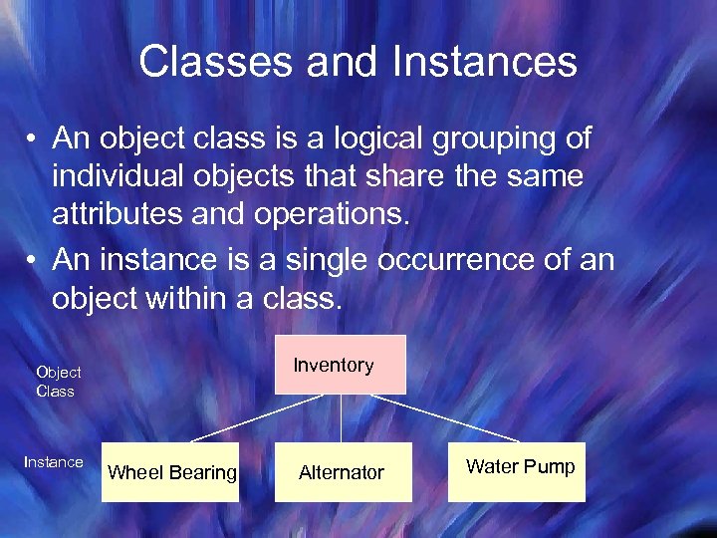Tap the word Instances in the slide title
click(484, 61)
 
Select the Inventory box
click(341, 365)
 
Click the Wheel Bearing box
click(170, 472)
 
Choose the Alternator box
click(343, 472)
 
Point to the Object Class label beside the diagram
click(58, 382)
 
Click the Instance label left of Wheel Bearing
click(54, 462)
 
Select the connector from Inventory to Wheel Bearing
click(256, 418)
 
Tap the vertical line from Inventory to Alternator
click(342, 418)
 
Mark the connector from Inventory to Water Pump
click(444, 418)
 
